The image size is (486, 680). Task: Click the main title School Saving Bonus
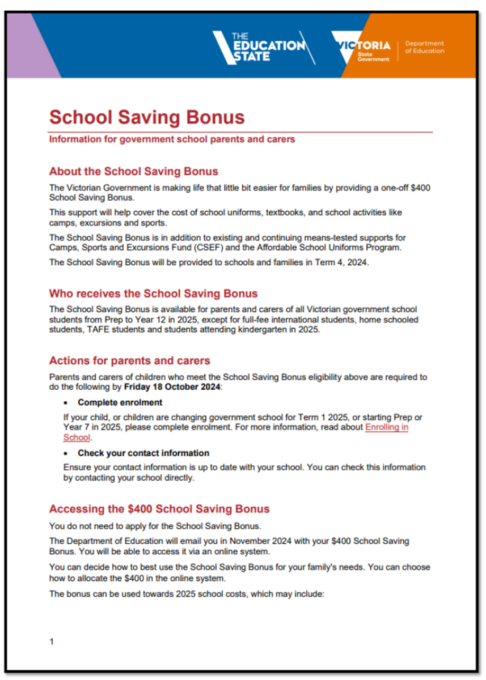click(x=147, y=117)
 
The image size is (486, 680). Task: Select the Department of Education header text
click(x=424, y=48)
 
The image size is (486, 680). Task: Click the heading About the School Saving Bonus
click(x=133, y=171)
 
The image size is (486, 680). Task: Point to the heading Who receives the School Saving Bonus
click(x=153, y=294)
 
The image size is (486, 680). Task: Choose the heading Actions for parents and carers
click(x=129, y=360)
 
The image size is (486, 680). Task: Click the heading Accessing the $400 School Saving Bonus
click(x=159, y=508)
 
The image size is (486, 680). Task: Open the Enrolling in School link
click(x=386, y=427)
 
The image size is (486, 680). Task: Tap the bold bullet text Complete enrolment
click(x=120, y=402)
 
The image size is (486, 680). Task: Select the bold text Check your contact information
click(x=143, y=453)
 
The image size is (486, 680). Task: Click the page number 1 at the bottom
click(x=52, y=641)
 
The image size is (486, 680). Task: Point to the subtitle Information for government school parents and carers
click(x=172, y=139)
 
